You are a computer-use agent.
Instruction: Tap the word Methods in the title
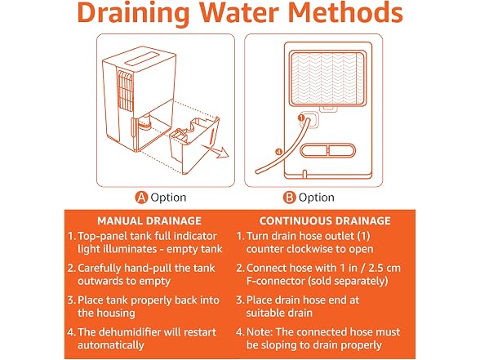(x=345, y=12)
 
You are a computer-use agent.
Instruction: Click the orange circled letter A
(x=141, y=198)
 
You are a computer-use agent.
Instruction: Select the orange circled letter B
(x=289, y=198)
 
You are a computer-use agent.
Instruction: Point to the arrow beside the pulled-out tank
(x=216, y=151)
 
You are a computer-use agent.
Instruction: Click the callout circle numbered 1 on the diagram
(x=301, y=118)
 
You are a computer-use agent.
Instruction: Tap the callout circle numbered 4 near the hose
(x=278, y=152)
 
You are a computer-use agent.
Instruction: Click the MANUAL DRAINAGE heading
(x=149, y=220)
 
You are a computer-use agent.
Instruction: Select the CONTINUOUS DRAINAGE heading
(x=325, y=220)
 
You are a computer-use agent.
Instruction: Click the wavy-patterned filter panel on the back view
(x=328, y=78)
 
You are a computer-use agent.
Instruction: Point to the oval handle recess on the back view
(x=328, y=151)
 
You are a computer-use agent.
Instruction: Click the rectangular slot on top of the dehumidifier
(x=142, y=58)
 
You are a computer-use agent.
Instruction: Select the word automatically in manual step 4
(x=111, y=345)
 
